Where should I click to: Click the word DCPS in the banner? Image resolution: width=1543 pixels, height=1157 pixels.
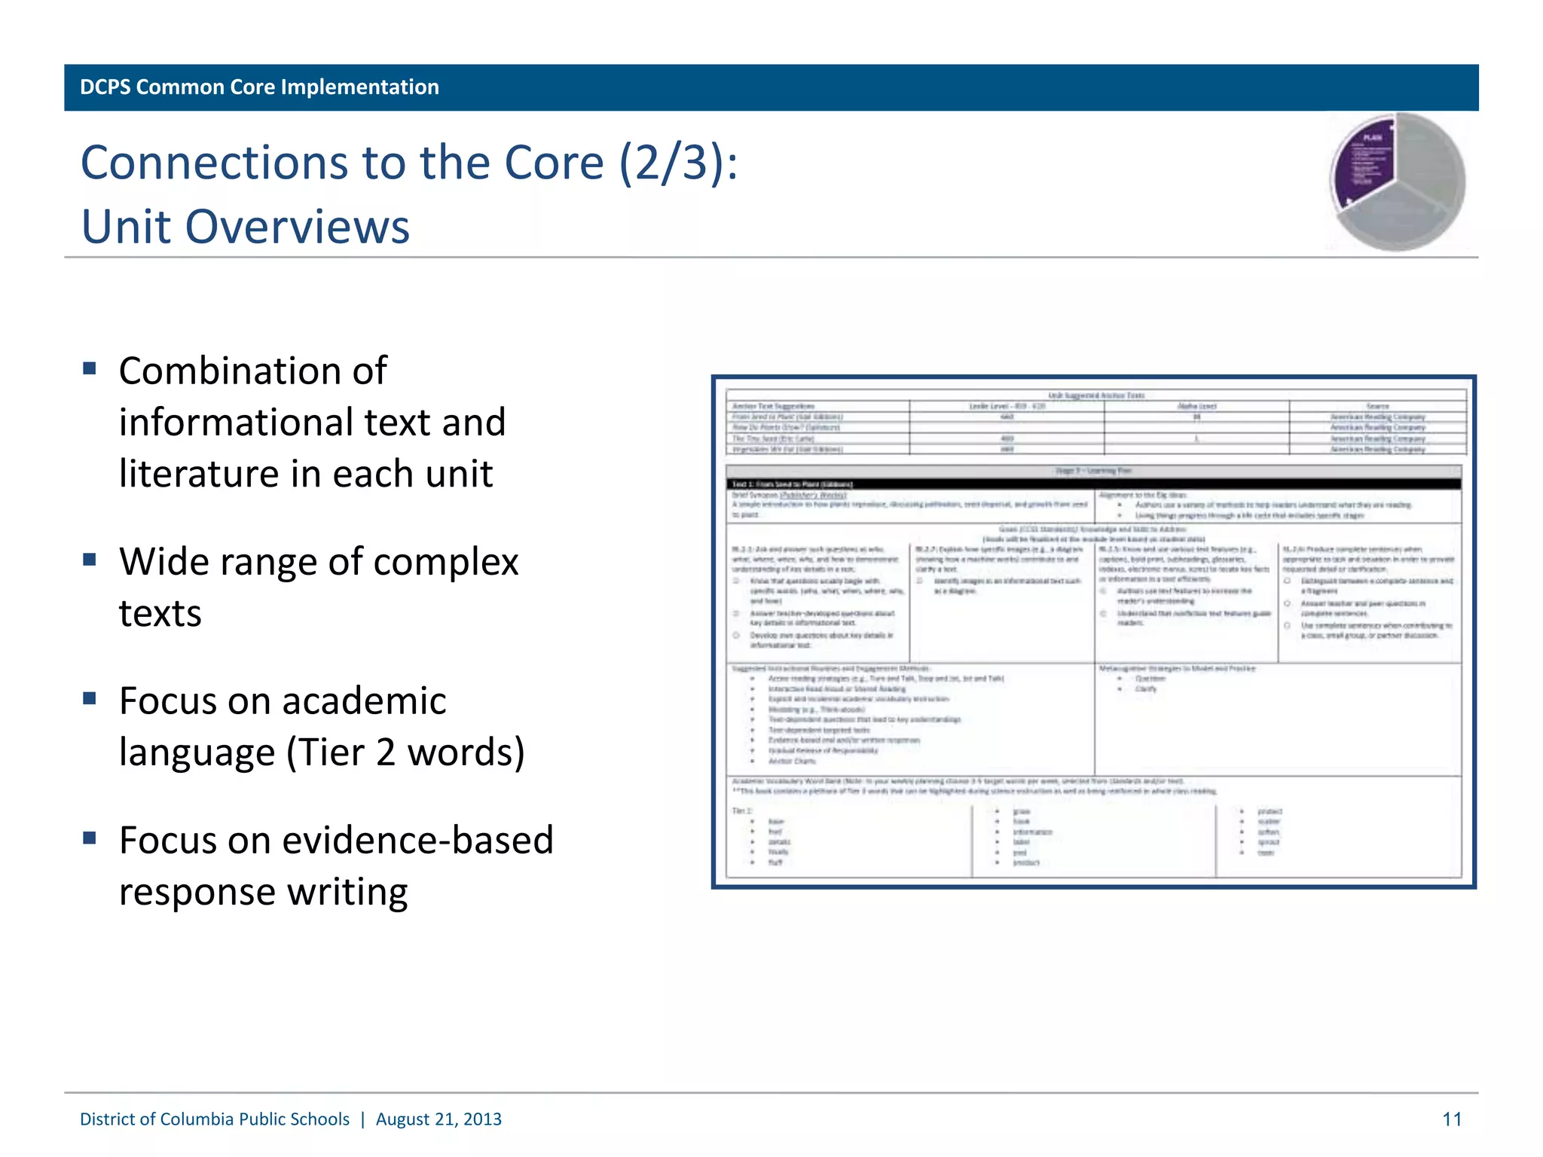105,87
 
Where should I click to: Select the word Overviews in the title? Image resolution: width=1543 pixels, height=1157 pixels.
298,227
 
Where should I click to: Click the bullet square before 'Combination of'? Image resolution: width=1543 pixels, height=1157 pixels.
90,368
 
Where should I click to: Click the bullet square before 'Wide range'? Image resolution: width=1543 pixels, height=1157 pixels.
90,560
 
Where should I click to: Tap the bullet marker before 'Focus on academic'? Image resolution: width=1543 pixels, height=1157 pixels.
90,698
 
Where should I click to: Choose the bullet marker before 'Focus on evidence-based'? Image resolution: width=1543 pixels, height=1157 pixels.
90,838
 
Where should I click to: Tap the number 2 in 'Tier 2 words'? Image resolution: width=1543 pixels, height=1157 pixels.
386,753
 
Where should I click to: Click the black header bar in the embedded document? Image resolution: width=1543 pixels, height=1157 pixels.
1092,484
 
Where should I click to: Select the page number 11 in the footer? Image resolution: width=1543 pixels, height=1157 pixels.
1452,1119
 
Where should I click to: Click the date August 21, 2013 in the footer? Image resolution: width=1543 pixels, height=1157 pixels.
438,1119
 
